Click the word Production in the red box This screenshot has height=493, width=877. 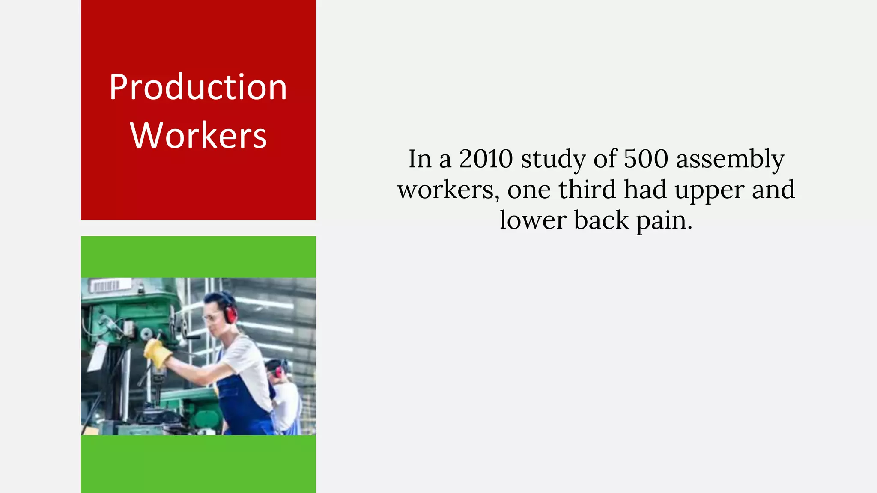pos(198,87)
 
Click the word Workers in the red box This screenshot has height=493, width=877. pos(199,135)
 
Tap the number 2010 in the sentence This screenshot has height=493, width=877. pos(486,159)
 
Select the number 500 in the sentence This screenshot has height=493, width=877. pos(646,159)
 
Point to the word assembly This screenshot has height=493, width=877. pos(730,160)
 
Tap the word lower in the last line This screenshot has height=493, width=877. pos(533,220)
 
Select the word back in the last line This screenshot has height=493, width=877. pos(601,220)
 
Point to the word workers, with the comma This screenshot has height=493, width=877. pos(448,190)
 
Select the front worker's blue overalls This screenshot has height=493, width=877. pos(242,400)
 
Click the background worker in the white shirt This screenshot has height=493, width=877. pos(285,398)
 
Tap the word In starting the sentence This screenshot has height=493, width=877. pos(420,159)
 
